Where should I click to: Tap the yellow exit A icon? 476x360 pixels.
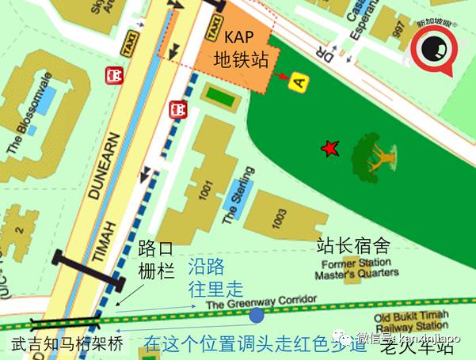pyautogui.click(x=298, y=81)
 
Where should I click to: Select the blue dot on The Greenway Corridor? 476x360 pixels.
pyautogui.click(x=257, y=316)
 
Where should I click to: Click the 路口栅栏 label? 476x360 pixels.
pyautogui.click(x=155, y=258)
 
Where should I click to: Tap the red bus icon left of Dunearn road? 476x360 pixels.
pyautogui.click(x=115, y=75)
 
